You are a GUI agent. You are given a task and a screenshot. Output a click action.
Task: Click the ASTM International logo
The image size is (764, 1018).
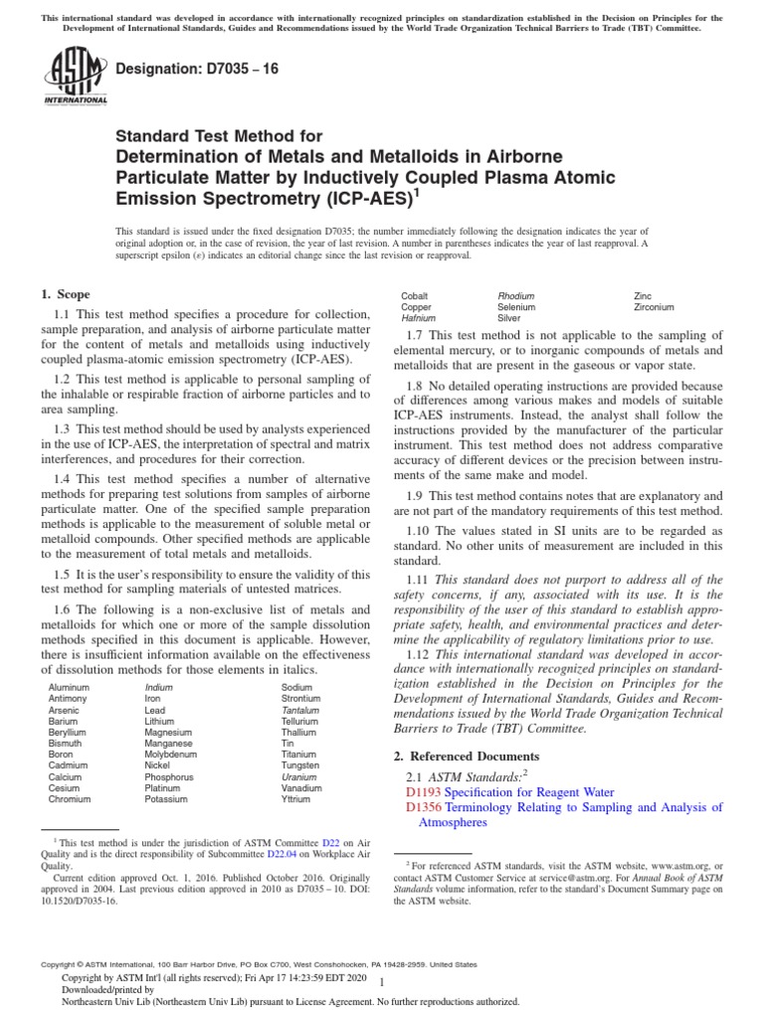pos(75,79)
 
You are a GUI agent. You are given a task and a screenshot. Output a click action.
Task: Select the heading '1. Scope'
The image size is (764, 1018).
pos(65,294)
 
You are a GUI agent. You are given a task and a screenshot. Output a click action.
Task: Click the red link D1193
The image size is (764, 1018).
pos(423,792)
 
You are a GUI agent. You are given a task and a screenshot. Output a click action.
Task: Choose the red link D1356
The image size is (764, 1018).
pos(423,808)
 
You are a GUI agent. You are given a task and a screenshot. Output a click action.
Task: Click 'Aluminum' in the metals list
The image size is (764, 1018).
pos(69,687)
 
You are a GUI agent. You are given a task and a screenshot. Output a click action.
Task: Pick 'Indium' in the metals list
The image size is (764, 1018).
pos(159,687)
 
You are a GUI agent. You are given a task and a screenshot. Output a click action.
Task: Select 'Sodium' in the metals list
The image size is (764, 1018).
pos(296,687)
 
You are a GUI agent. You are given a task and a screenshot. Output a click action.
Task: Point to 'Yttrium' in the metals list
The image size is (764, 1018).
pos(296,798)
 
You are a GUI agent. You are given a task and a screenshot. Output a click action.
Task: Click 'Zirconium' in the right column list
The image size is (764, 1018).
pos(654,307)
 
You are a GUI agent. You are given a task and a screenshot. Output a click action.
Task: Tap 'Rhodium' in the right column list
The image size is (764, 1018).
pos(515,296)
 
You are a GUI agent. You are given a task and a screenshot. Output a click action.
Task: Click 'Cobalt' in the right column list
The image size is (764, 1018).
pos(415,296)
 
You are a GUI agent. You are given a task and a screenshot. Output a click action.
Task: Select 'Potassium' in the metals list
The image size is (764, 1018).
pos(166,798)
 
